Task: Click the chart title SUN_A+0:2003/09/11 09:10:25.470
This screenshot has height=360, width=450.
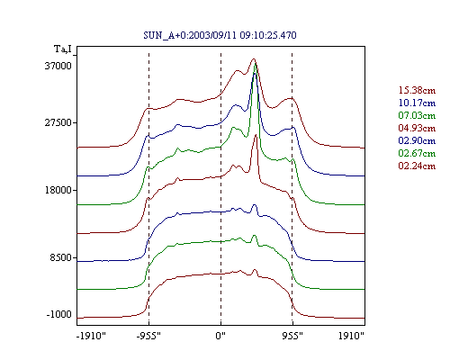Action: [x=220, y=35]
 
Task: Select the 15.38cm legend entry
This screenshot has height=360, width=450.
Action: [x=417, y=90]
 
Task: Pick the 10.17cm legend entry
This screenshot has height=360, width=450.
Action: [x=417, y=103]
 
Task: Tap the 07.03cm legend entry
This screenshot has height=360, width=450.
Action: [x=417, y=115]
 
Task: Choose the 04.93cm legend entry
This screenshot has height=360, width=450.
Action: [x=417, y=128]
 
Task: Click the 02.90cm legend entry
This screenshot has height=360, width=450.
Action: [x=417, y=140]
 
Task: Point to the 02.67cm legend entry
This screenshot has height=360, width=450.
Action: [x=417, y=153]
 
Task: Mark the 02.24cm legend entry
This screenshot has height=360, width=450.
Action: [x=417, y=166]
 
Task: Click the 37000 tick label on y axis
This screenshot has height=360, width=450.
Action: [x=58, y=66]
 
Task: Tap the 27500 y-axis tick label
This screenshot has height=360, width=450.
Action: [x=58, y=122]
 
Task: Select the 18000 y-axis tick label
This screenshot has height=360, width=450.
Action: [x=58, y=190]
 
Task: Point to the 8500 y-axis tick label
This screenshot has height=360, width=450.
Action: [x=61, y=257]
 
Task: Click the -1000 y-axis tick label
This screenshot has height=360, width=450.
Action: [x=59, y=314]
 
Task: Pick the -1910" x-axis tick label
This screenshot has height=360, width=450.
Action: [x=91, y=336]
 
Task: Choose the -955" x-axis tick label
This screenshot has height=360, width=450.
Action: [x=148, y=336]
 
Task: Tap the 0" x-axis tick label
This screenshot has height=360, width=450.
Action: [x=220, y=336]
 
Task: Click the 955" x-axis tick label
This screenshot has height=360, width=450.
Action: [x=292, y=336]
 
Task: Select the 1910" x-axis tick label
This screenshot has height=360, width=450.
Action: [x=351, y=336]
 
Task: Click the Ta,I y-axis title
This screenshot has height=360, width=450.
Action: [x=63, y=49]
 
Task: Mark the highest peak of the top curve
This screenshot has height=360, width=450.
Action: [x=254, y=58]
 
